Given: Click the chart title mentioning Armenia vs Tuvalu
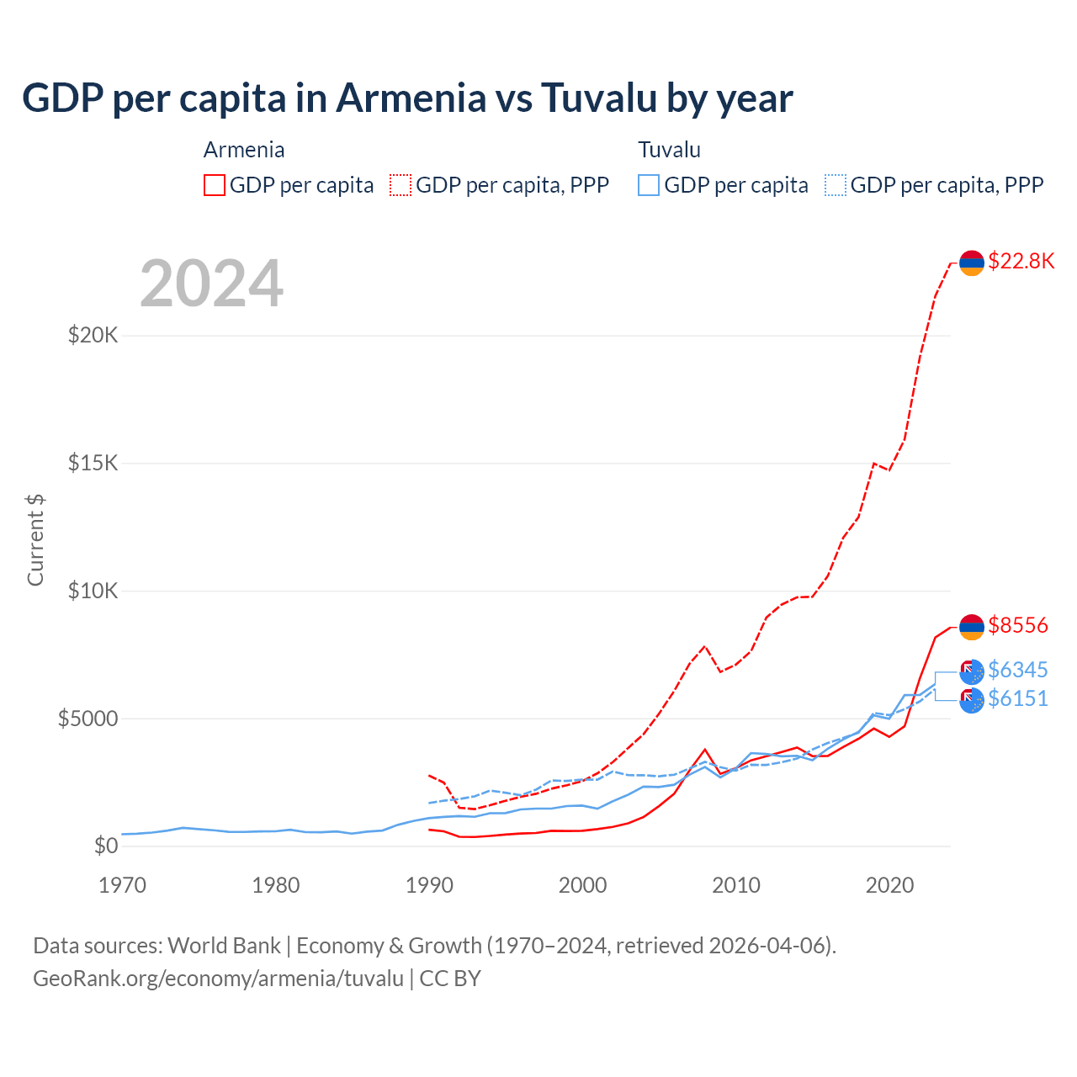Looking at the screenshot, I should [x=407, y=98].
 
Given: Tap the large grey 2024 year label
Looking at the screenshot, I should [x=211, y=284].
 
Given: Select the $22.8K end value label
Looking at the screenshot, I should [x=1021, y=261].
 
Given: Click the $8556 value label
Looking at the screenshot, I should [x=1018, y=625].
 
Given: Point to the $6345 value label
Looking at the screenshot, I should [x=1018, y=670].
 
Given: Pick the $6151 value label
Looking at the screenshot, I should [x=1018, y=698].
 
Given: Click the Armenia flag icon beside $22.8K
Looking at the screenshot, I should [x=972, y=263].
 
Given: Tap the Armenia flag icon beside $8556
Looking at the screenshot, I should [x=972, y=627].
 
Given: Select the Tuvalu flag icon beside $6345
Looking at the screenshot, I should [x=972, y=671].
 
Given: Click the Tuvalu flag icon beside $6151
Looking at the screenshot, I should [x=972, y=700].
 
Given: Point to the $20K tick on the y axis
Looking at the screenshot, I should [x=93, y=335].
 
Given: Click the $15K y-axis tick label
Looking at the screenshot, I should [x=93, y=463].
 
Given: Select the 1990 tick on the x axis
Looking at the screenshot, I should [x=429, y=885].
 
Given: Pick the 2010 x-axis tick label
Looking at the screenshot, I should [x=736, y=885].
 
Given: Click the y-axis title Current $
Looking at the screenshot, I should [x=35, y=539].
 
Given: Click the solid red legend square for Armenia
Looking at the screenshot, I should [x=215, y=185].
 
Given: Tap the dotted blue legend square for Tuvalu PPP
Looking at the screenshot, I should [x=836, y=185].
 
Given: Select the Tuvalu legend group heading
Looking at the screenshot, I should [x=669, y=150].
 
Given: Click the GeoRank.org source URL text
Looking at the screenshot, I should [x=219, y=979].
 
